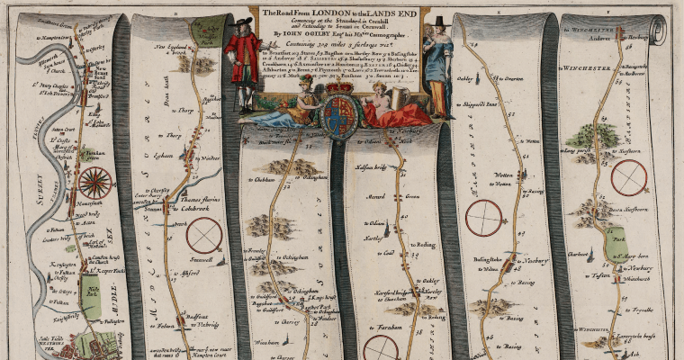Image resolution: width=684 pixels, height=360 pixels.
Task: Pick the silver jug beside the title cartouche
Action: pyautogui.click(x=401, y=95)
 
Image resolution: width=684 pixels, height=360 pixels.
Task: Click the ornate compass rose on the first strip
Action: pyautogui.click(x=94, y=184)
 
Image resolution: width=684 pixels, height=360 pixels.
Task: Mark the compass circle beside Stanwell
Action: pyautogui.click(x=204, y=236)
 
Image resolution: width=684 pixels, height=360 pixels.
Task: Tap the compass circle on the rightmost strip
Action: pyautogui.click(x=628, y=176)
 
